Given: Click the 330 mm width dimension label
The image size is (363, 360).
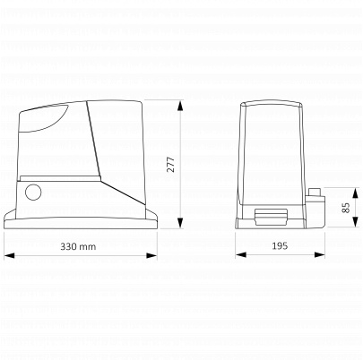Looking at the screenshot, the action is click(78, 246).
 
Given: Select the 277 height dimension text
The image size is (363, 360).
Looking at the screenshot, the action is click(170, 164).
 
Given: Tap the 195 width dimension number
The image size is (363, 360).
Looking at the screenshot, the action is click(280, 246).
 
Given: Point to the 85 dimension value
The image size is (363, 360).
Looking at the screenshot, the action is click(345, 208).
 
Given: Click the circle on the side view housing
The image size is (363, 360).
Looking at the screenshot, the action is click(33, 192).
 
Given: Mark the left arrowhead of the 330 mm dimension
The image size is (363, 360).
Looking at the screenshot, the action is click(10, 255).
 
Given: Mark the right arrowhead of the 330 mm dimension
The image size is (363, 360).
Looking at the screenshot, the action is click(151, 255).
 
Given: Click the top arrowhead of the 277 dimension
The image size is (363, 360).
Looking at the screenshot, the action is click(180, 107).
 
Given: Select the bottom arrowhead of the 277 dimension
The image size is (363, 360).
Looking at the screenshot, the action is click(180, 223).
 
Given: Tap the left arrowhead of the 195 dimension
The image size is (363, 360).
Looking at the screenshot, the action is click(241, 254).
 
